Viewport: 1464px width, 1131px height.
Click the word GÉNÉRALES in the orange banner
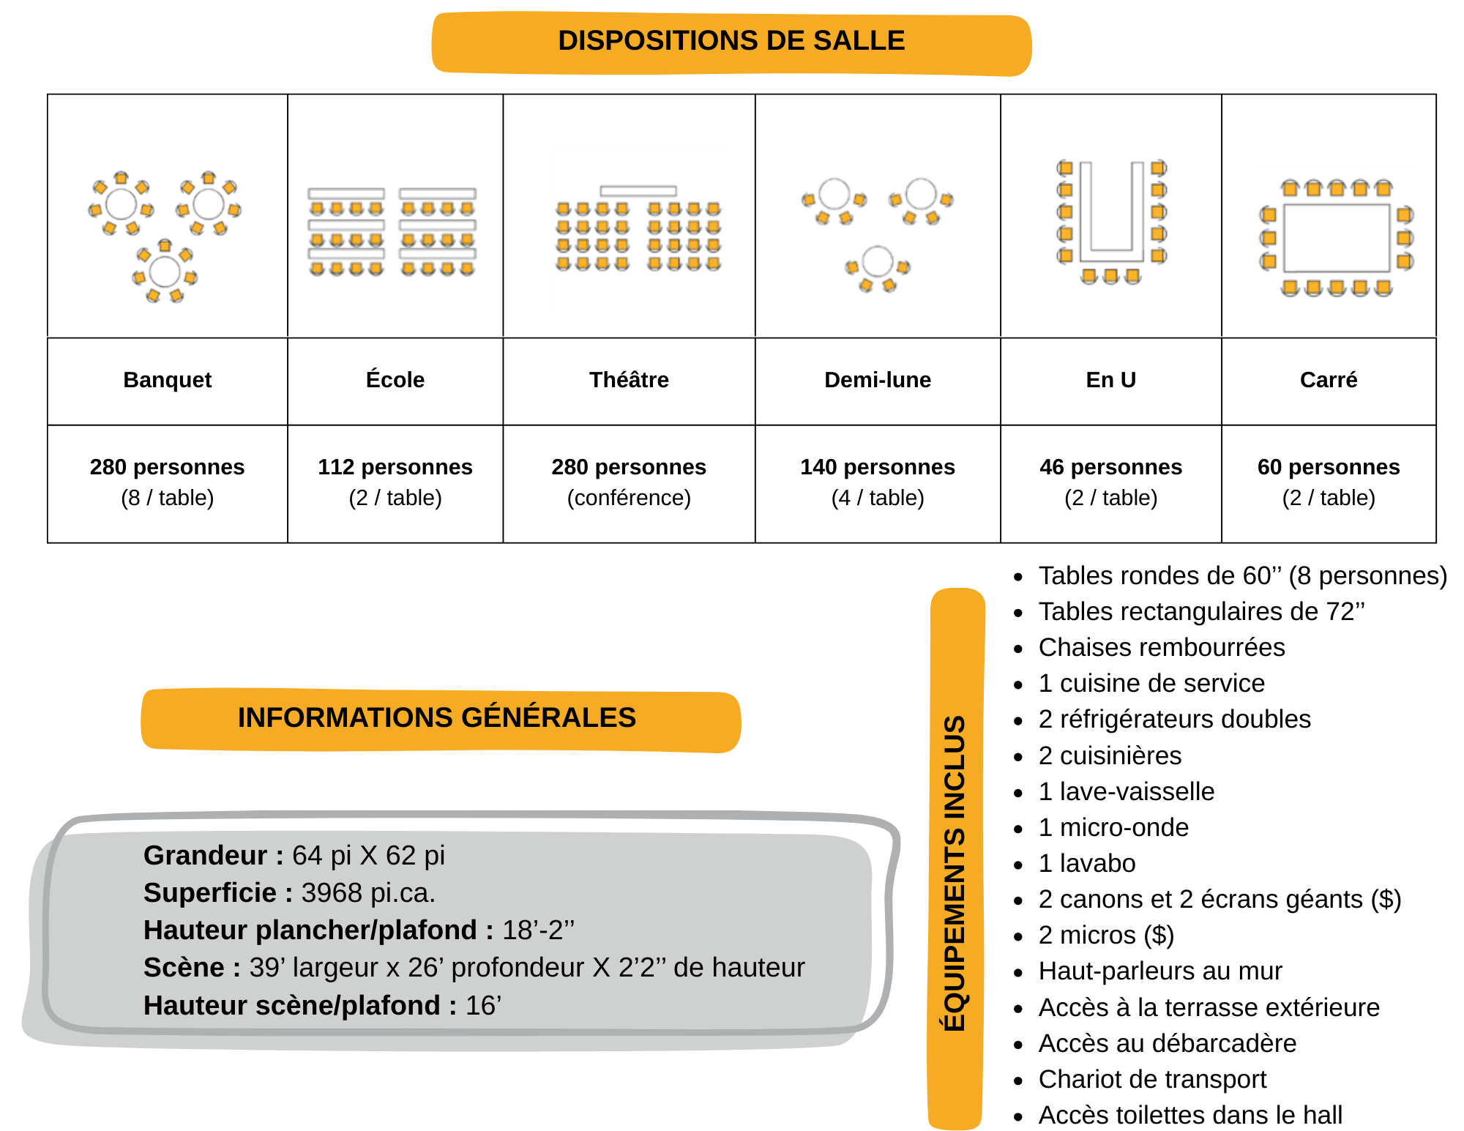pos(548,718)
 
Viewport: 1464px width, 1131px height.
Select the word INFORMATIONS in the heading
pos(346,718)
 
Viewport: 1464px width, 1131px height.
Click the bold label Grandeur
pos(205,855)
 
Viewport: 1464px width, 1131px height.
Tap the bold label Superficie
pos(209,893)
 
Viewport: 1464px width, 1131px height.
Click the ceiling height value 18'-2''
pos(538,930)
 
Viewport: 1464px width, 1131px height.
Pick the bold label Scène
pos(184,968)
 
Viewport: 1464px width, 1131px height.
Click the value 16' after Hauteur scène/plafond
pos(483,1006)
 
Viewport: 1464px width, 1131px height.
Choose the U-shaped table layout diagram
pos(1113,223)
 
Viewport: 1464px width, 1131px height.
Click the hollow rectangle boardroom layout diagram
pos(1334,236)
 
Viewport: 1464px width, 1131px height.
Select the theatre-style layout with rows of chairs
pos(639,234)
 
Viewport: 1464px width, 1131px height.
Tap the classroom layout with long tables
pos(391,234)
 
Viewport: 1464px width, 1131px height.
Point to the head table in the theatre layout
pos(638,191)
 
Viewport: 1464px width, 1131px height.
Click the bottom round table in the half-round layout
pos(878,262)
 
